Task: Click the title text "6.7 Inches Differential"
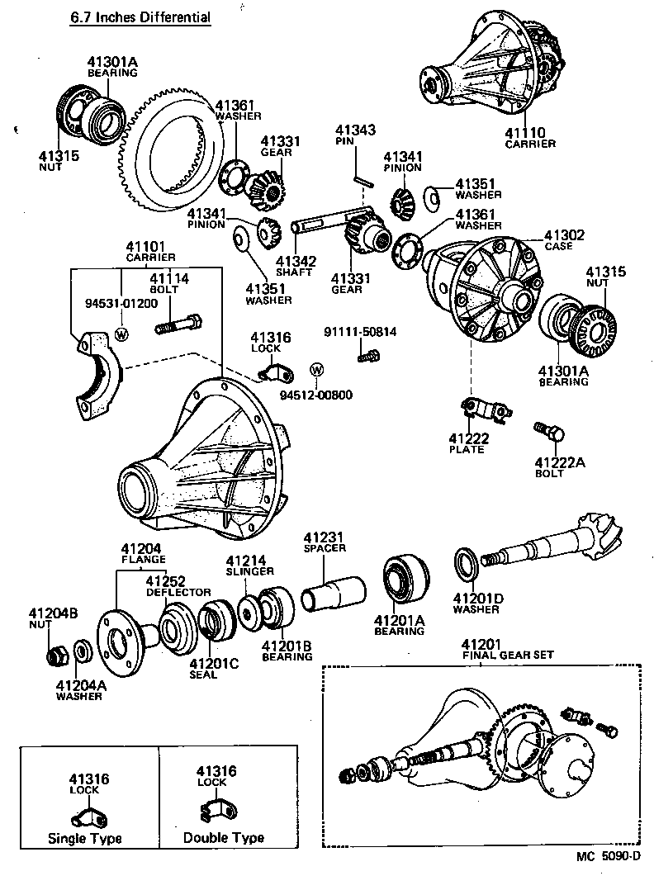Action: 140,17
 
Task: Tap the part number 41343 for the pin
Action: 355,130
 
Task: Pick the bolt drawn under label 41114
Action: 177,324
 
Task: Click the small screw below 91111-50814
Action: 367,355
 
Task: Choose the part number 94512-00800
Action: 315,394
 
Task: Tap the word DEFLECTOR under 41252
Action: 178,592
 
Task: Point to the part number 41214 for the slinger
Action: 246,561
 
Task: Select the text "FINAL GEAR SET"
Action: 507,655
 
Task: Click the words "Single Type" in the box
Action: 84,838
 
